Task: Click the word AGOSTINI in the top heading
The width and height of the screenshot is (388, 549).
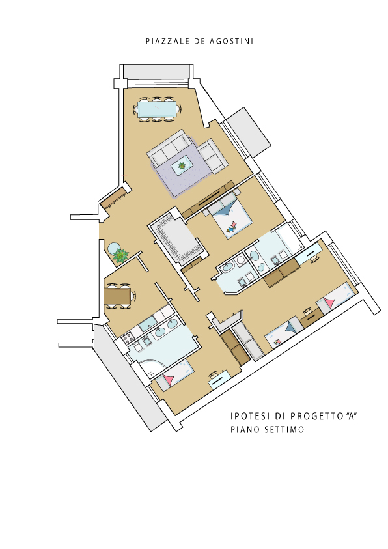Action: click(x=231, y=41)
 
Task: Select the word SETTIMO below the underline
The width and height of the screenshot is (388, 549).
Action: click(x=284, y=430)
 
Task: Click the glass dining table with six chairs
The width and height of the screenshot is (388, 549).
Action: click(x=157, y=109)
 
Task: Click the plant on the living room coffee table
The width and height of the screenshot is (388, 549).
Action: click(x=182, y=165)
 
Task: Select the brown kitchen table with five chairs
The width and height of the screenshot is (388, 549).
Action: click(x=119, y=296)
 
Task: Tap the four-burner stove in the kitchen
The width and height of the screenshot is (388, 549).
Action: click(x=128, y=338)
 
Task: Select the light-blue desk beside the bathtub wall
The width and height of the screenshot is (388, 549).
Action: click(x=309, y=253)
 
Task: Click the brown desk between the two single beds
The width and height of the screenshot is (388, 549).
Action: click(x=311, y=317)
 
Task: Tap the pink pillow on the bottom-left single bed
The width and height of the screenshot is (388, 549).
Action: click(x=169, y=380)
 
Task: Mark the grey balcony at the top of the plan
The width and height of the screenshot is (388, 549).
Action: click(x=156, y=72)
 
